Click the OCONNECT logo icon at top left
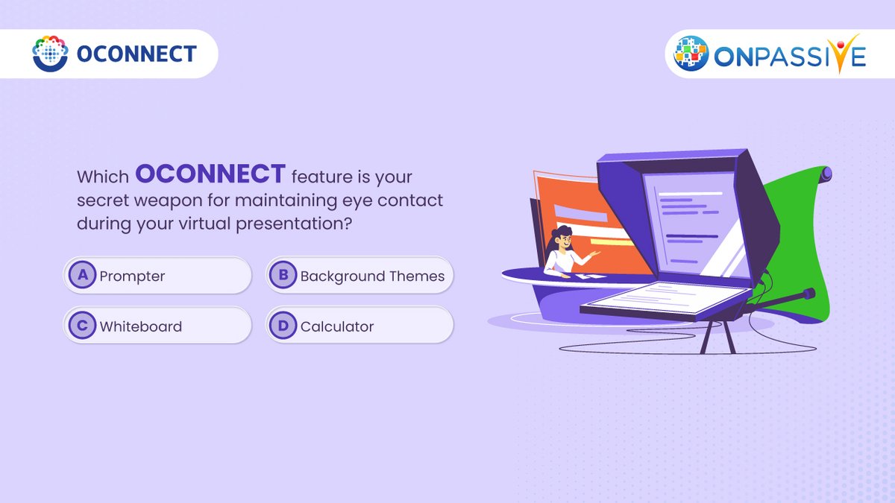50,53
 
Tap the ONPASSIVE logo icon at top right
691,53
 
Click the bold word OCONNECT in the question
210,174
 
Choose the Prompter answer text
132,276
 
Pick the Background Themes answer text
372,276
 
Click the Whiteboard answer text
140,326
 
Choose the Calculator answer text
336,326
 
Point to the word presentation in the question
295,222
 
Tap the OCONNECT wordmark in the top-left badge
136,54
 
